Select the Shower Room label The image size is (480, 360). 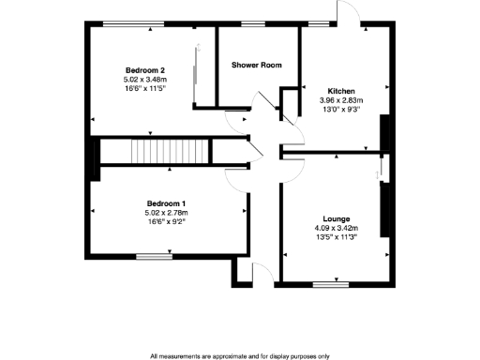click(257, 65)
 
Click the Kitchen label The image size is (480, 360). click(339, 91)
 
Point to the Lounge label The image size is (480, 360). click(335, 217)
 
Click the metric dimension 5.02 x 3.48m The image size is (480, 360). click(145, 80)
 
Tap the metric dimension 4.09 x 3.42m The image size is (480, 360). click(335, 227)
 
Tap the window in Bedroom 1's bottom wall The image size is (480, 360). click(149, 256)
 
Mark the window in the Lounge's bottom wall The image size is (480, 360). click(325, 283)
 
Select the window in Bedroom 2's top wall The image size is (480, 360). click(128, 23)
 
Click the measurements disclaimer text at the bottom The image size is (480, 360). click(239, 356)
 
